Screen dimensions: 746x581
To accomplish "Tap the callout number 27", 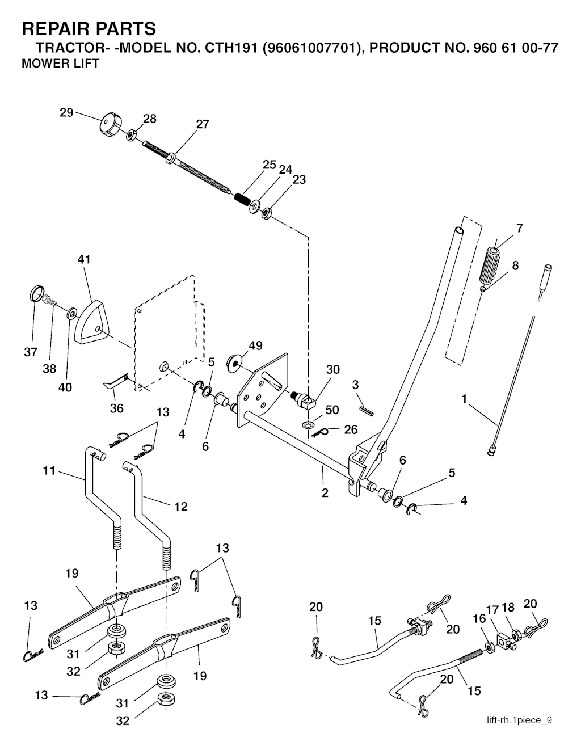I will [203, 124].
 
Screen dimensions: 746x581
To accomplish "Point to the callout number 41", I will [84, 259].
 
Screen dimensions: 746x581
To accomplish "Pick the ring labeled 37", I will [36, 294].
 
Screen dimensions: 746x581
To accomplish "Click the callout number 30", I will [332, 370].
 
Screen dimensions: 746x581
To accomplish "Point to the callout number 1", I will [464, 399].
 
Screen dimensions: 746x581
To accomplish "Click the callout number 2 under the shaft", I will [325, 493].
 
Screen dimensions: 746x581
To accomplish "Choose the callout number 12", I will [180, 507].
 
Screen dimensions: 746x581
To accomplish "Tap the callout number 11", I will [49, 470].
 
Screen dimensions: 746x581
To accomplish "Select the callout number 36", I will [116, 408].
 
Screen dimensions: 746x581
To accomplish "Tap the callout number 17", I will [492, 610].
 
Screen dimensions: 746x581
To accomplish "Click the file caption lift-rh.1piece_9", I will [519, 720].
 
